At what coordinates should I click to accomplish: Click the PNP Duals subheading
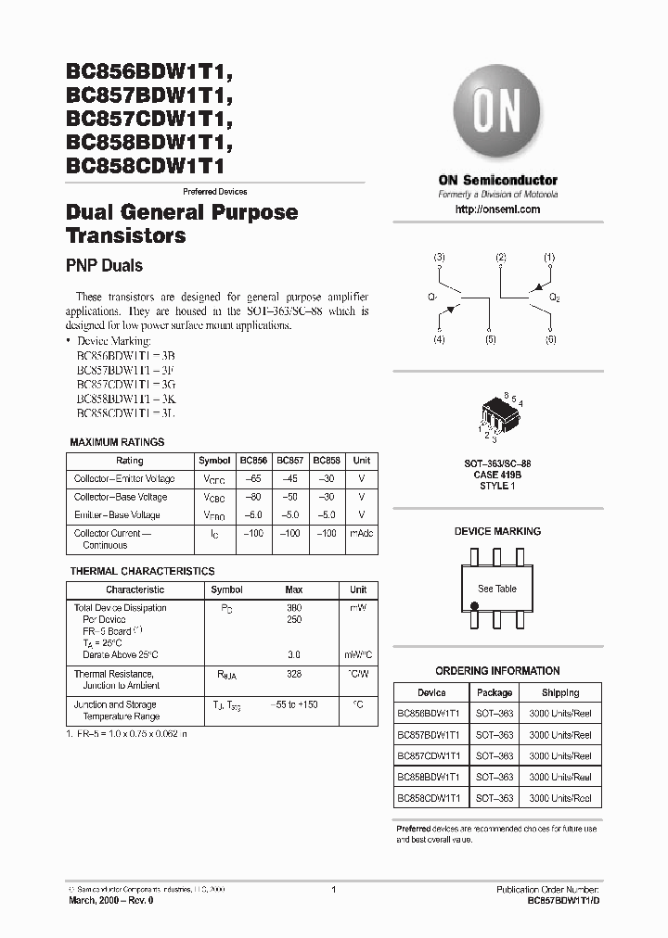coord(104,266)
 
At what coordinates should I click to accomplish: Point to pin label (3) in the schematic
coord(440,257)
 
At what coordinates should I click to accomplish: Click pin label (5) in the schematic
coord(490,340)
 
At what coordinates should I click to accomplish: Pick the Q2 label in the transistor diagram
coord(554,298)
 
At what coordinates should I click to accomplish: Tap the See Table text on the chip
coord(497,589)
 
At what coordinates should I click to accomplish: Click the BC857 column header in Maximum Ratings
coord(289,461)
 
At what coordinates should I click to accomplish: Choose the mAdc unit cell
coord(361,534)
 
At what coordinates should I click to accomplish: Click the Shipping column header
coord(559,692)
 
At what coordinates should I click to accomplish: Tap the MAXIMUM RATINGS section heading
coord(117,442)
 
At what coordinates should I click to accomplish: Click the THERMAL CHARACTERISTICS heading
coord(142,571)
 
